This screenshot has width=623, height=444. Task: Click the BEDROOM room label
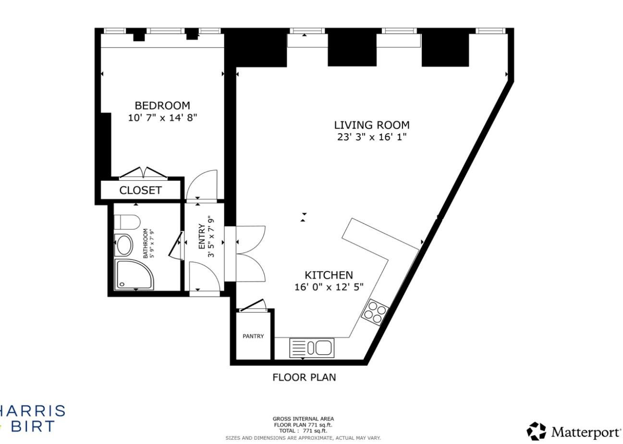tap(162, 105)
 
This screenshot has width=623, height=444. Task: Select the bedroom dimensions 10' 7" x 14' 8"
tap(162, 118)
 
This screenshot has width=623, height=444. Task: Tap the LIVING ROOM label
tap(371, 125)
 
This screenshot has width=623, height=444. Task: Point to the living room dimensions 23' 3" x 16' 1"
tap(371, 137)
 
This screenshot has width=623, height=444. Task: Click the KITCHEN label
tap(329, 275)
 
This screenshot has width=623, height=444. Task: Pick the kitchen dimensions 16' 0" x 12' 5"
tap(329, 287)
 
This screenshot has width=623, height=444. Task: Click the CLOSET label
tap(140, 190)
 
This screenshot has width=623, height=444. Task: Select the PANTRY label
tap(253, 336)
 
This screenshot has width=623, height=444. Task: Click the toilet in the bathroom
tap(127, 222)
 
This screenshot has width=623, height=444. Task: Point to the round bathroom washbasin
tap(125, 245)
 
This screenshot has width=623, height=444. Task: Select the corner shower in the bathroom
tap(133, 275)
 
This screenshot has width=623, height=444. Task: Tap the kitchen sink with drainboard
tap(312, 348)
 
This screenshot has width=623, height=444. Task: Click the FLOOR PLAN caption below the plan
tap(304, 377)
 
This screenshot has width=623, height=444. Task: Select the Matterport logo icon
tap(536, 431)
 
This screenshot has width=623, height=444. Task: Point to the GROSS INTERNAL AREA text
tap(303, 419)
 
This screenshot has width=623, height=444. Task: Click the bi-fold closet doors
tap(143, 173)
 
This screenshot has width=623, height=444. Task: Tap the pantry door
tap(253, 306)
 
